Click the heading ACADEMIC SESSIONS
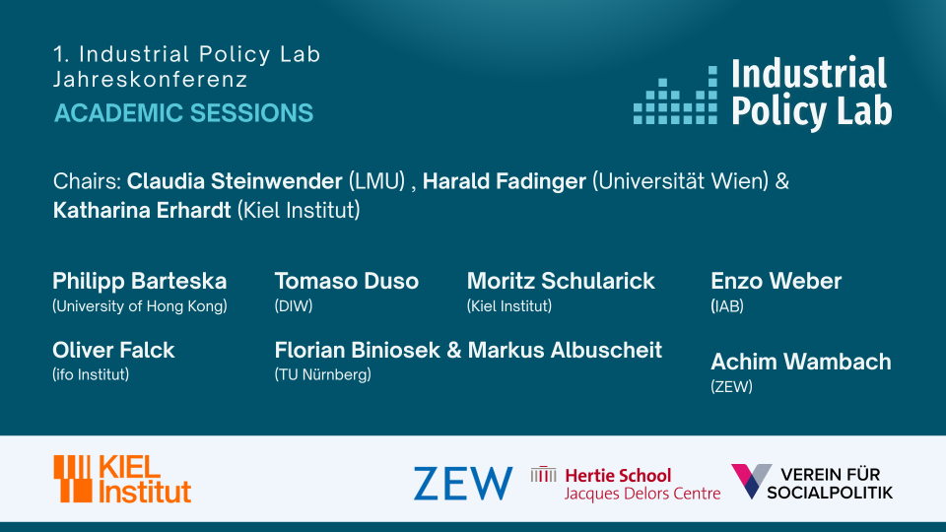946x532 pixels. click(x=184, y=112)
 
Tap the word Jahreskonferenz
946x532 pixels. click(x=150, y=80)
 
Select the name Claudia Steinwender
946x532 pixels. click(x=235, y=181)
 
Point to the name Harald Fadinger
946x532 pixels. click(x=505, y=181)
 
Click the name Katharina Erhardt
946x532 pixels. click(x=142, y=210)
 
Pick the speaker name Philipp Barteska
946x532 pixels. click(x=139, y=281)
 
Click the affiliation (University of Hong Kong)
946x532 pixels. click(x=140, y=306)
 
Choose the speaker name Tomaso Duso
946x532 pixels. click(x=346, y=281)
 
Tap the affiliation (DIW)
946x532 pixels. click(x=294, y=306)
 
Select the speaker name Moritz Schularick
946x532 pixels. click(x=561, y=281)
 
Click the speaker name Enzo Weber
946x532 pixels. click(x=776, y=281)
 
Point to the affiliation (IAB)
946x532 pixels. click(x=727, y=306)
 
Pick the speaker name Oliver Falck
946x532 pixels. click(x=113, y=350)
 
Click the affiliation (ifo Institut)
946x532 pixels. click(x=91, y=374)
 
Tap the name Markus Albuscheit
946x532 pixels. click(x=565, y=350)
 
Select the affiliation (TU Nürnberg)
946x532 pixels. click(x=323, y=374)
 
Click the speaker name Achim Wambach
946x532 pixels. click(x=800, y=362)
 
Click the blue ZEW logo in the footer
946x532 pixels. click(x=463, y=483)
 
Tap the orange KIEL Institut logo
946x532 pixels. click(x=122, y=479)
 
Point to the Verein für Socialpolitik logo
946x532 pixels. click(x=811, y=482)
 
